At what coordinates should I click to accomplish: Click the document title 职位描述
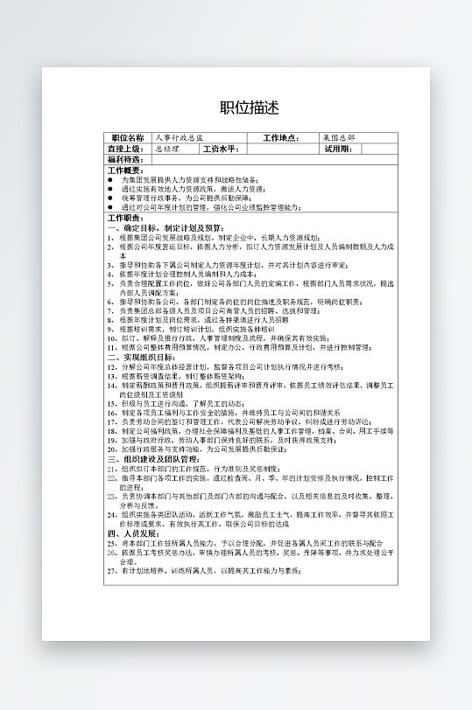coord(249,108)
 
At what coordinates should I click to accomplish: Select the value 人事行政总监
coord(179,138)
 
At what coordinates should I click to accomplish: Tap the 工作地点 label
coord(280,138)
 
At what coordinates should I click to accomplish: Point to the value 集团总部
coord(339,138)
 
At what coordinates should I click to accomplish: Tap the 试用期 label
coord(338,150)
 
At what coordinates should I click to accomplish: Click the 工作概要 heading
coord(125,171)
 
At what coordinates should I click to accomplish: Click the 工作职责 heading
coord(125,218)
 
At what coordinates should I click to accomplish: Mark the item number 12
coord(111,366)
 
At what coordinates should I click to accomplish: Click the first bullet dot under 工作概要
coord(109,180)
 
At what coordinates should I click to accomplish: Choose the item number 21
coord(111,469)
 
